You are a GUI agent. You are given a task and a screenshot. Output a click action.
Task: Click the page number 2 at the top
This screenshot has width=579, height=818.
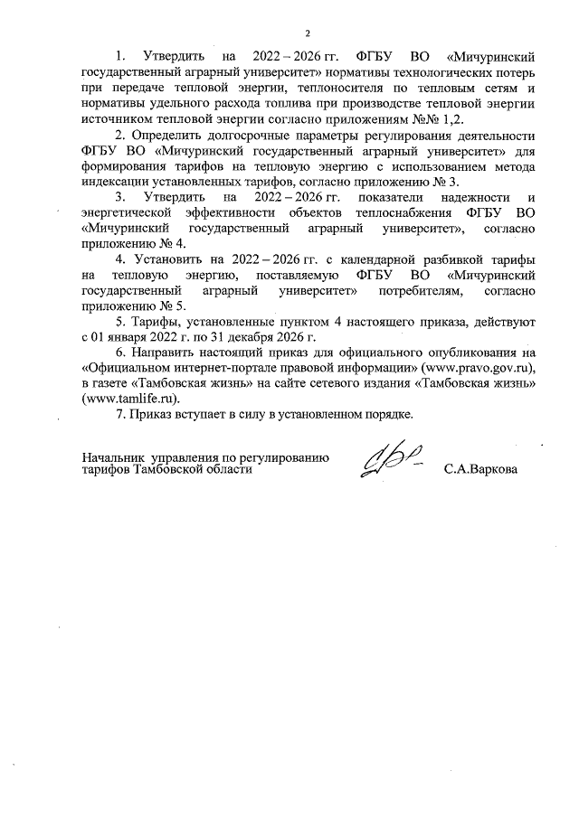click(x=307, y=33)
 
